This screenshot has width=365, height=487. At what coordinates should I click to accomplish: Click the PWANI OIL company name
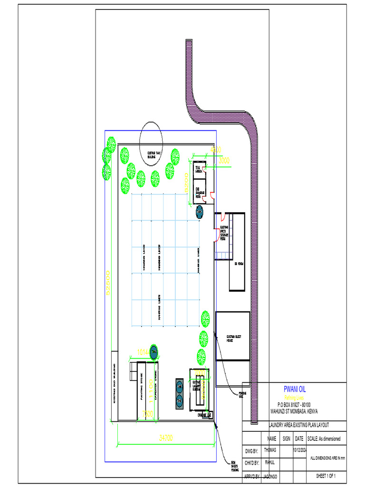click(295, 389)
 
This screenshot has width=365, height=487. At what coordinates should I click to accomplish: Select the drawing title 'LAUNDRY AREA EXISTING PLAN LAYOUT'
click(299, 425)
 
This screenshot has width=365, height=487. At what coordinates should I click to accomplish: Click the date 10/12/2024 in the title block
click(300, 449)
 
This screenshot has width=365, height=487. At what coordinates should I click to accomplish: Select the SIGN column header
click(286, 438)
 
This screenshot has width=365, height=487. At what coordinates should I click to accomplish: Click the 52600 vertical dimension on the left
click(108, 283)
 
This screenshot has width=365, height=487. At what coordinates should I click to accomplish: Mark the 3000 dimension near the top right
click(224, 161)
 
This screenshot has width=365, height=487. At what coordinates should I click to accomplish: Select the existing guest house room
click(232, 336)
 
